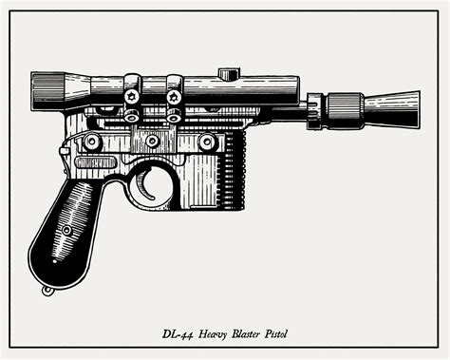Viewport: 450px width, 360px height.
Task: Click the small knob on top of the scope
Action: click(x=228, y=73)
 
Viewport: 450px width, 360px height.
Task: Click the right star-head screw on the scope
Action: click(x=174, y=96)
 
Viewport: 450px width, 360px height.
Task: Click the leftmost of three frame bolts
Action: click(x=92, y=142)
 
